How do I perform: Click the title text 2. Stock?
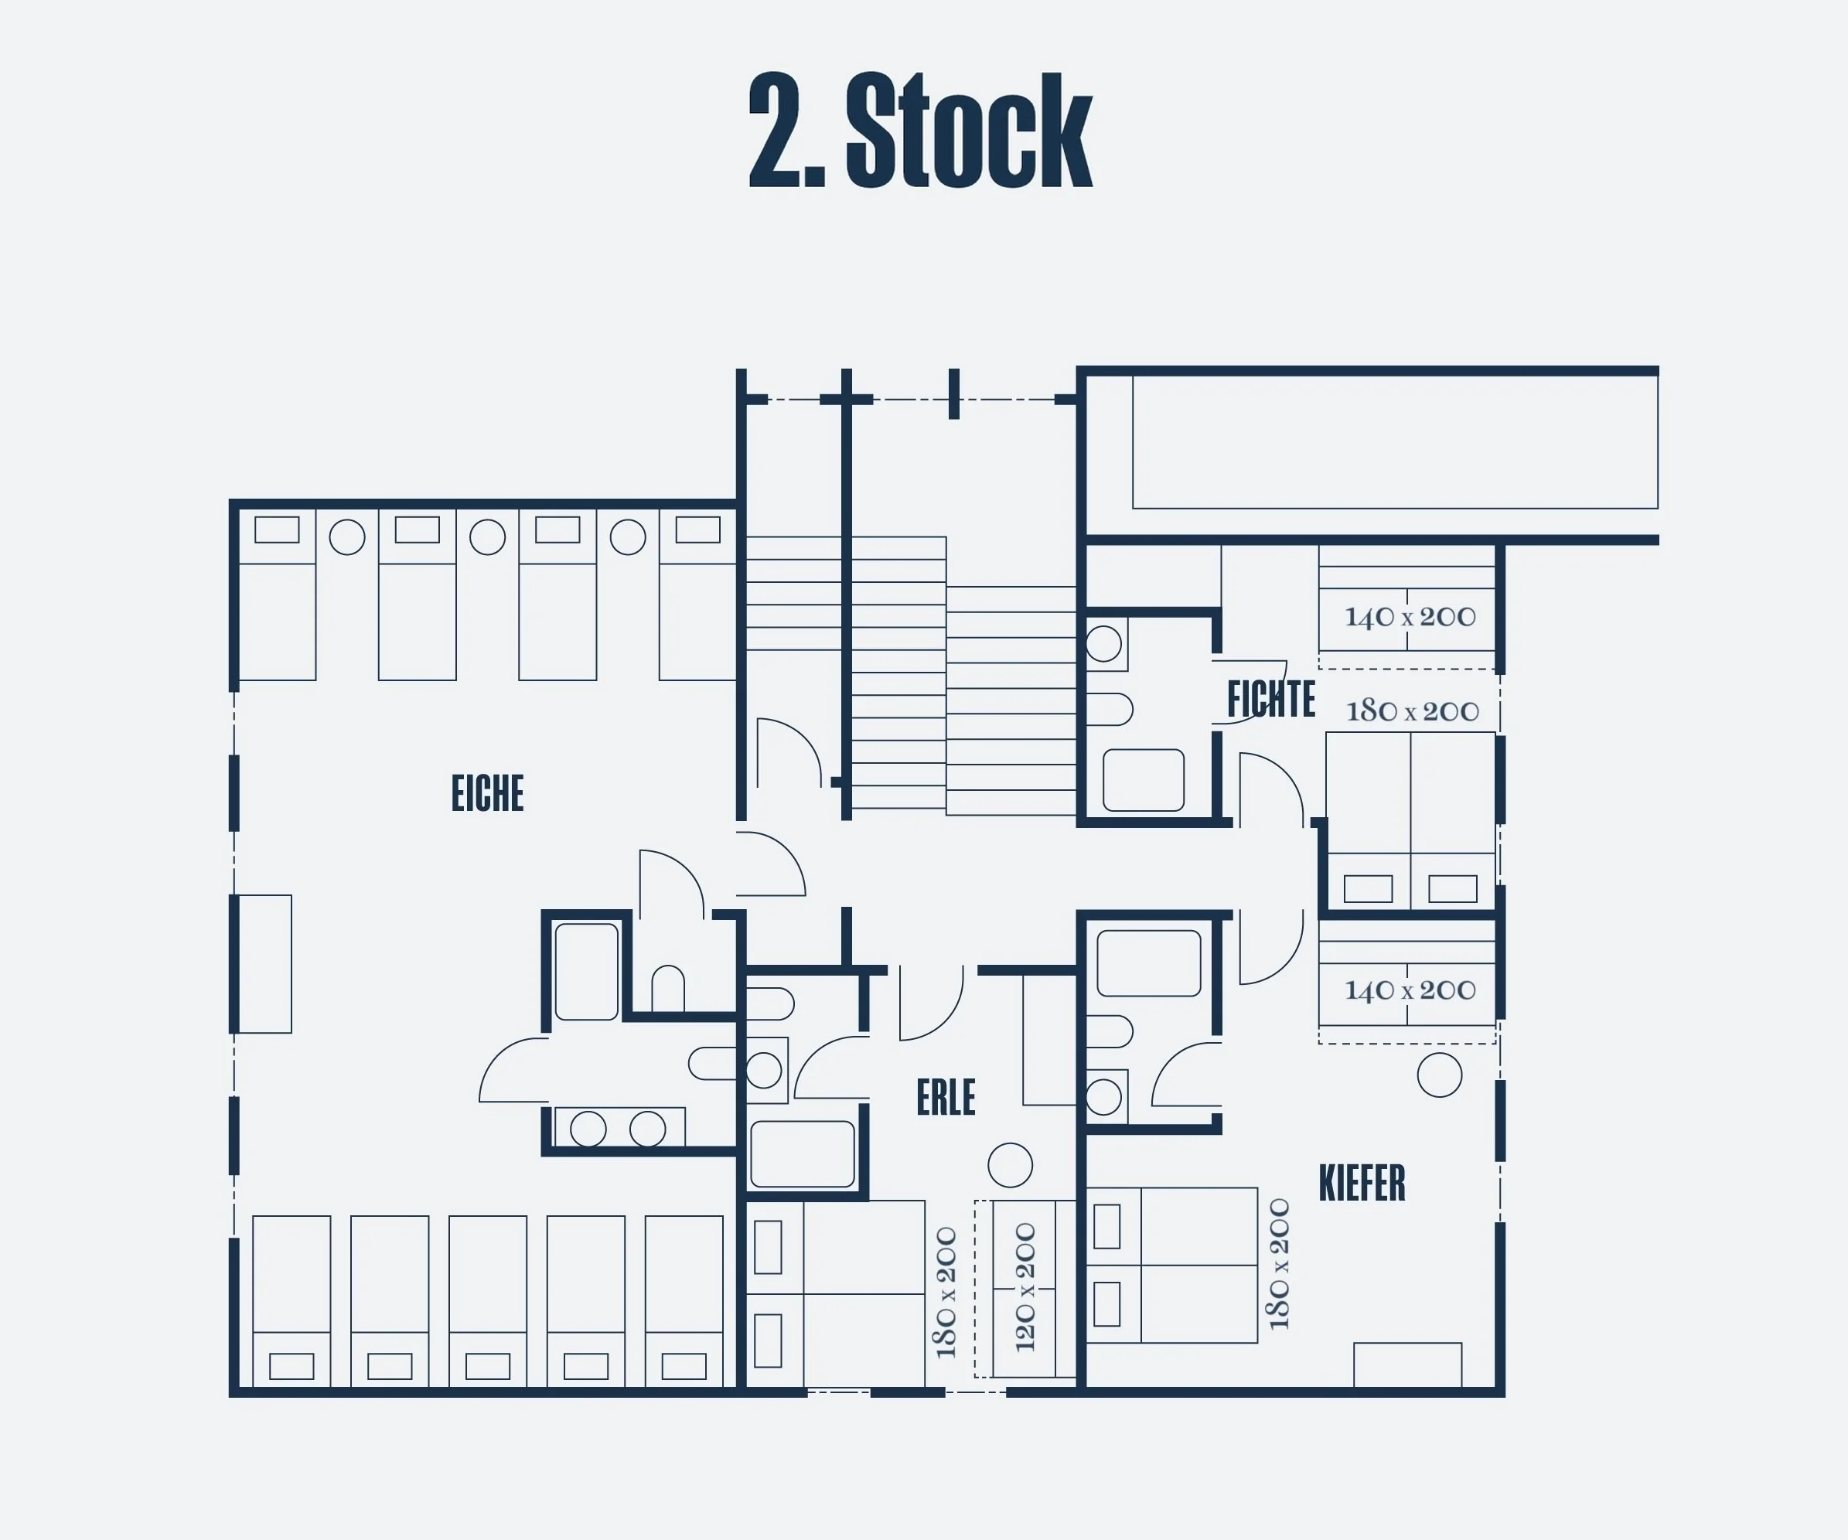[x=920, y=130]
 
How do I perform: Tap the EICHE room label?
[x=488, y=793]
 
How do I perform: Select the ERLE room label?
[x=946, y=1097]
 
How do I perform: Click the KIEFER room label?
[x=1362, y=1183]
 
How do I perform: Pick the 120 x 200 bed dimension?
[x=1025, y=1287]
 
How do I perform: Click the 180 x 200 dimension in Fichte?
[x=1413, y=711]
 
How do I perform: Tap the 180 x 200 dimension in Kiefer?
[x=1279, y=1264]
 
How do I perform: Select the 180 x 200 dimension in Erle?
[x=946, y=1293]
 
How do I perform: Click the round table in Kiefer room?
[x=1440, y=1075]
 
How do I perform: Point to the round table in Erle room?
[x=1011, y=1165]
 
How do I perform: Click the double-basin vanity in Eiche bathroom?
[x=619, y=1128]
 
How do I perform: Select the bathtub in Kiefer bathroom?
[x=1148, y=963]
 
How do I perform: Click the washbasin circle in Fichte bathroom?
[x=1103, y=644]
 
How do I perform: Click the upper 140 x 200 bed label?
[x=1410, y=617]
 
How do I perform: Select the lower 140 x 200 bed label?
[x=1410, y=990]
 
